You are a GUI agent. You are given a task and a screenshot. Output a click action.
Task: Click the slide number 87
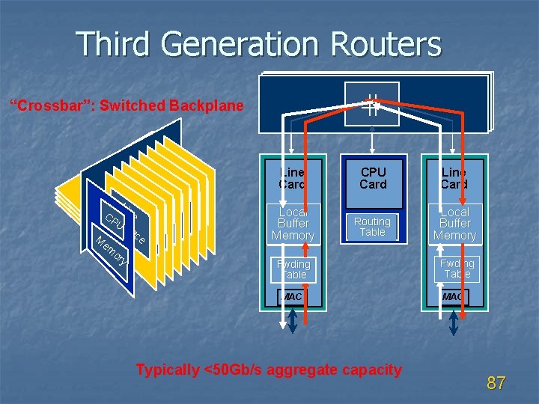tap(496, 383)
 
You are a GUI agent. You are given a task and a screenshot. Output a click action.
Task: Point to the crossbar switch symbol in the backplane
tap(372, 105)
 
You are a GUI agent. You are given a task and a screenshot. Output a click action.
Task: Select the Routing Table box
tap(372, 227)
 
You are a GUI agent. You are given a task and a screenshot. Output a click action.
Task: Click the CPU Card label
tap(373, 178)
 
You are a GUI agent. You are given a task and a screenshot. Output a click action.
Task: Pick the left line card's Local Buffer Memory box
tap(293, 224)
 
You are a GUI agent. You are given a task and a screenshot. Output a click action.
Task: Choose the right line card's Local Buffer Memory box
tap(454, 224)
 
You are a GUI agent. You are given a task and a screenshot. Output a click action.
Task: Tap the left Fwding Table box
tap(293, 269)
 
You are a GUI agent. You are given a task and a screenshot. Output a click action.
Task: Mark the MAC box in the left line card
tap(291, 297)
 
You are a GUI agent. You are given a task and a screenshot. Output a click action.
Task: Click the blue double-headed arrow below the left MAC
tap(292, 321)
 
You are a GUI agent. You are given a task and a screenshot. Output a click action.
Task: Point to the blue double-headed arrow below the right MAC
tap(454, 321)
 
